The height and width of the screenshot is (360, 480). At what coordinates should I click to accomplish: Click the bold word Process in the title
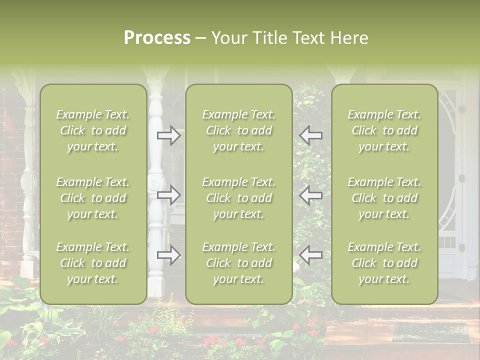coord(157,38)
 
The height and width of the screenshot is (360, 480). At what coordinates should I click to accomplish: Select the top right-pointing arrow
coord(169,135)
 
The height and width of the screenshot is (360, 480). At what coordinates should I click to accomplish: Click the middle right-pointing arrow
coord(169,195)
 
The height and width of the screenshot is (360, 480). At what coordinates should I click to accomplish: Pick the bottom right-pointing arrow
coord(169,255)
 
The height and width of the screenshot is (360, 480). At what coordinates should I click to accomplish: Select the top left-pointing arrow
coord(311,135)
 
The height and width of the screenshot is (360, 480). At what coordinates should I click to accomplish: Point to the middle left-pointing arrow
coord(311,195)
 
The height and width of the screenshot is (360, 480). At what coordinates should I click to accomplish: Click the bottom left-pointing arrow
coord(311,255)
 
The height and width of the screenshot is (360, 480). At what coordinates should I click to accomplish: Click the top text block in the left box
coord(93,130)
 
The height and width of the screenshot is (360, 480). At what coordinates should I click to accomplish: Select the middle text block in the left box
coord(93,198)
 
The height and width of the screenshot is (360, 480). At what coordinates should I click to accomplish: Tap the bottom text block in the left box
coord(93,263)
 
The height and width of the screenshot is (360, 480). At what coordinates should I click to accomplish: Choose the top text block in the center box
coord(238,130)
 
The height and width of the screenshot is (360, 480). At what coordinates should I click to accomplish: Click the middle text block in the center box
coord(238,198)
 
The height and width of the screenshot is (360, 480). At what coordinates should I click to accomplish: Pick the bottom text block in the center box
coord(238,263)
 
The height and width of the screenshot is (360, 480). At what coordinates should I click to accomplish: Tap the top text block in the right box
coord(384,130)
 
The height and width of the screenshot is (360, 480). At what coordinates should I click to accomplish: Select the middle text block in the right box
coord(384,198)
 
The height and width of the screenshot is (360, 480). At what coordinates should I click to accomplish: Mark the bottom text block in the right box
coord(384,263)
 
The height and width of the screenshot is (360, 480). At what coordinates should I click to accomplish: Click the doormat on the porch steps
coord(430,332)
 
